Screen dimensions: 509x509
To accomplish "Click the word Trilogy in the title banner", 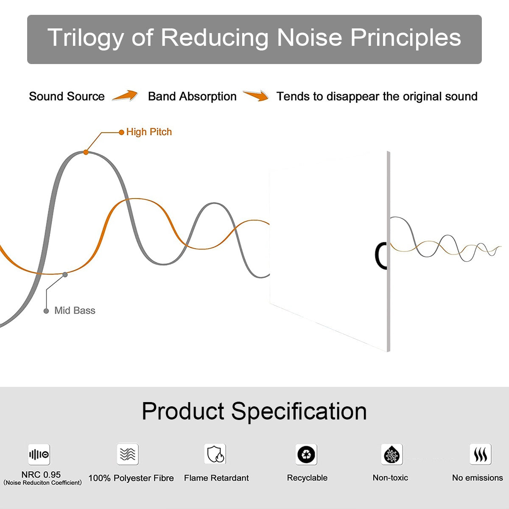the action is (x=86, y=39).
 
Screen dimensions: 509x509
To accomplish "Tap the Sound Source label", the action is (x=67, y=96).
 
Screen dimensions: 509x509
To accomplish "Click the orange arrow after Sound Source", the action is (x=125, y=95).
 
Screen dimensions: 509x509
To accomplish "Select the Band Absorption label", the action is (x=192, y=97).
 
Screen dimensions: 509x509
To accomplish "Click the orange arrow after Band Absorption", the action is (x=256, y=95).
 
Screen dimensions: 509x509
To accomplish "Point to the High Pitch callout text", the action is (x=149, y=132).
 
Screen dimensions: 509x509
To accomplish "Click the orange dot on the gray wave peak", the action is (x=86, y=152).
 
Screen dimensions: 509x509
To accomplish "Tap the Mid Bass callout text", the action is (x=75, y=310).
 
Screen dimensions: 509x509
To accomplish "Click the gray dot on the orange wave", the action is (x=65, y=275).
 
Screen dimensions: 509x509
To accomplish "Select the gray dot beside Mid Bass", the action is (x=46, y=311).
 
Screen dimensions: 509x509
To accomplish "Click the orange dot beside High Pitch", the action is (x=121, y=132).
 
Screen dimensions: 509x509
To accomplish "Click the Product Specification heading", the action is (x=254, y=411).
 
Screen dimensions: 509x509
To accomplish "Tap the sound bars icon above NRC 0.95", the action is (x=39, y=454).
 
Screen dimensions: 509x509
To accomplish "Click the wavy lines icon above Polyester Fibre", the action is (x=128, y=454).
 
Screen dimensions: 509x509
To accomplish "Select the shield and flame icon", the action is (x=215, y=454).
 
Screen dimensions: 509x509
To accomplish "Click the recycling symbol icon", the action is (x=306, y=454).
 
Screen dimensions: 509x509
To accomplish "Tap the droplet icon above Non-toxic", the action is (x=392, y=454).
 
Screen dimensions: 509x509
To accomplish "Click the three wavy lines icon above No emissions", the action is (x=481, y=454).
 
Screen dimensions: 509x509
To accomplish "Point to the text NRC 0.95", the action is (x=41, y=475).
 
